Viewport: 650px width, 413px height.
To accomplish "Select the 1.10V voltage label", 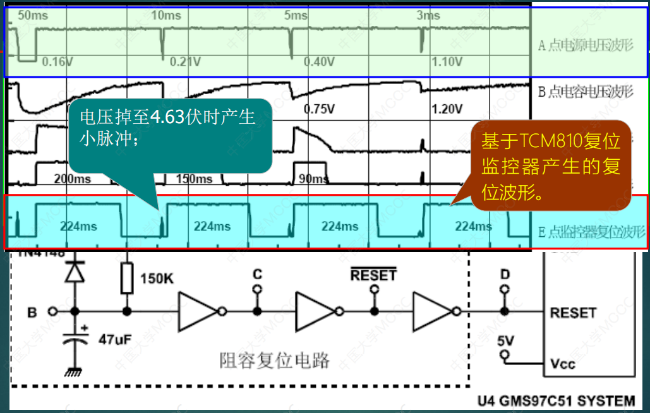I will (447, 62).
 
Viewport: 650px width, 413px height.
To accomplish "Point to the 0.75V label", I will (319, 109).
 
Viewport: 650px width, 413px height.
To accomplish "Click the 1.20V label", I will (447, 109).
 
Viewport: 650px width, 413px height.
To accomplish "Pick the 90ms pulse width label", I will (313, 179).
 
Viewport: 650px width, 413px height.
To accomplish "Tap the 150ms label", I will (194, 179).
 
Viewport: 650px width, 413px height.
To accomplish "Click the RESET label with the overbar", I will (373, 275).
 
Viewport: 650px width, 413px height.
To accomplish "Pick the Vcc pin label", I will (563, 364).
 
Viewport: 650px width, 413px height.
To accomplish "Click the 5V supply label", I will (506, 340).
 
